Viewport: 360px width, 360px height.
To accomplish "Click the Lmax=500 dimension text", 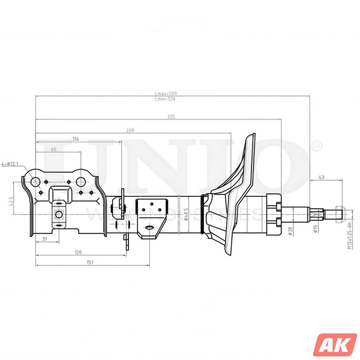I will click(166, 94).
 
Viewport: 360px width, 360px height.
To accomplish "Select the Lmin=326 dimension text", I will click(166, 99).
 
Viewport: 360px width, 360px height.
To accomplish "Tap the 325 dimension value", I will click(171, 117).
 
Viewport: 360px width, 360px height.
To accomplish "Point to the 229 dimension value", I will click(130, 130).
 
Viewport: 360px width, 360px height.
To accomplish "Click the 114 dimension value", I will click(76, 139).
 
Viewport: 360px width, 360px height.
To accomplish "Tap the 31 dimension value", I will click(46, 239).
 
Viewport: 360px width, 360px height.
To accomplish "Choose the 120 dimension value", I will click(78, 252).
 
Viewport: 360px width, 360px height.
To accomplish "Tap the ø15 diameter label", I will click(316, 229).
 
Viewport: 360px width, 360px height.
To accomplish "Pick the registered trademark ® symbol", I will click(316, 146).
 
